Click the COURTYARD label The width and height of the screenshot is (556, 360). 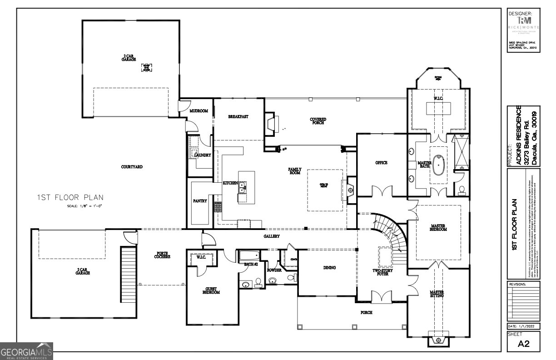[132, 167]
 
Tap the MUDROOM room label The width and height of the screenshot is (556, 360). [199, 111]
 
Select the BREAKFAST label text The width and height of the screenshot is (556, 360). [238, 117]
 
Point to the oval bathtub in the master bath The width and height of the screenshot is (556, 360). [438, 166]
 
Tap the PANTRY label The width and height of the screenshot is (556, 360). [200, 200]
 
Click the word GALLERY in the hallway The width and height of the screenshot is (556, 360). [272, 236]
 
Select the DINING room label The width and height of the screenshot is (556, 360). [329, 268]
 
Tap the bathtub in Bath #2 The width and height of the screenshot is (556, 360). [248, 255]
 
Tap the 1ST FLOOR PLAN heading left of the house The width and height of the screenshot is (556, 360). [70, 197]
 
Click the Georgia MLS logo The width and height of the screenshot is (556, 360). [26, 351]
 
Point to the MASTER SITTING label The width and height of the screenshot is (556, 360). [437, 294]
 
